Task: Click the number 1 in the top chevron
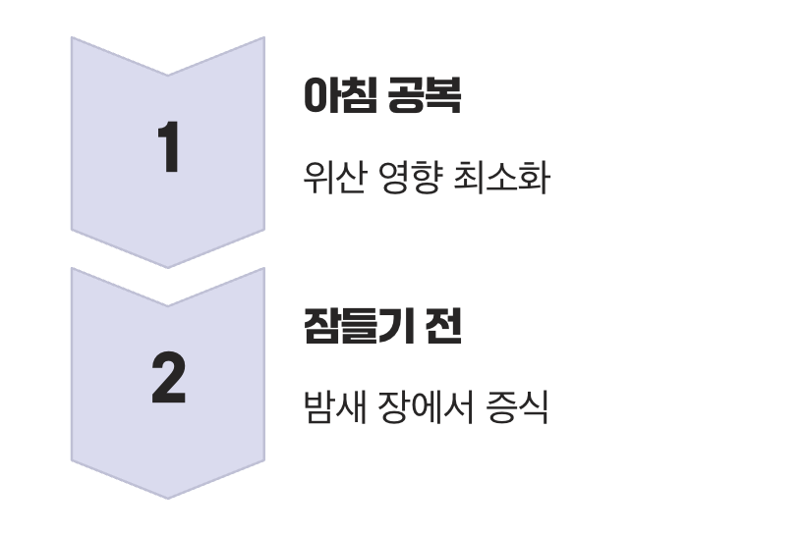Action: pos(168,149)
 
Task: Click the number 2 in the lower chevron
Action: pos(168,380)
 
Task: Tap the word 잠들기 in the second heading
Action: pos(357,327)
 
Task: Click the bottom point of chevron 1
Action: pos(168,266)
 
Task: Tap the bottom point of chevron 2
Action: pos(168,497)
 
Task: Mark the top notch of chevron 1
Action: pos(168,75)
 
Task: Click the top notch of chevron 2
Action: pos(168,305)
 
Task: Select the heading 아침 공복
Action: pos(381,96)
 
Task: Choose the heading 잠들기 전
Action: pos(381,327)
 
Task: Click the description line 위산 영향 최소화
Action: pos(425,179)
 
